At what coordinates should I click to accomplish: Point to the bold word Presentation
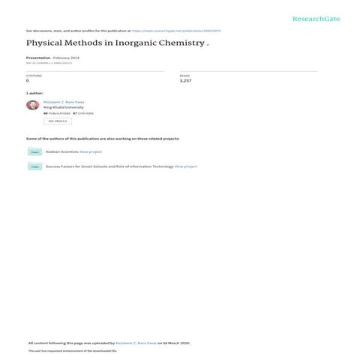click(x=37, y=57)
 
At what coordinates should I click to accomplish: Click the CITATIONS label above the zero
click(x=34, y=76)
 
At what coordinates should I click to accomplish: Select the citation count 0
click(x=28, y=80)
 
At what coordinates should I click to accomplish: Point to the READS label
click(x=184, y=76)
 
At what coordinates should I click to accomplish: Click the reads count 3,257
click(x=186, y=80)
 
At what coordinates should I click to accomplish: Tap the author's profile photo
click(x=32, y=105)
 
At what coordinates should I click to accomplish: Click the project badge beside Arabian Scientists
click(x=34, y=151)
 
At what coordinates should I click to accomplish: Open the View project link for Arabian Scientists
click(x=91, y=151)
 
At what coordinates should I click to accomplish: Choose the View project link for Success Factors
click(x=186, y=166)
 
